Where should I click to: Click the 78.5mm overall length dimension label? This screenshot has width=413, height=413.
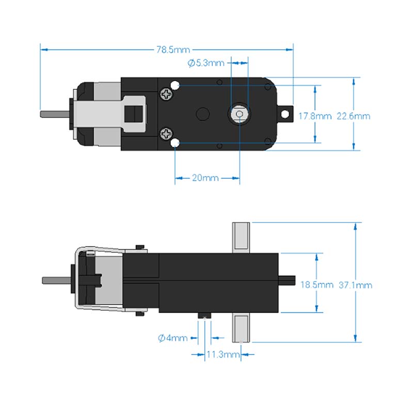(x=173, y=50)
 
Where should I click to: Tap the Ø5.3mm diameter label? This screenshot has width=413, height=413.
(x=206, y=63)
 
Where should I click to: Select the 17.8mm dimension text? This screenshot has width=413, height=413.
(x=315, y=116)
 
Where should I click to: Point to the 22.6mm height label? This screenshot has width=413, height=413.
(x=354, y=116)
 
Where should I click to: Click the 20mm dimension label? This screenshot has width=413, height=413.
(x=205, y=178)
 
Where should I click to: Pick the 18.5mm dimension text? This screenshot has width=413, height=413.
(x=317, y=285)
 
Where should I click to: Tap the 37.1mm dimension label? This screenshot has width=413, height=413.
(x=355, y=285)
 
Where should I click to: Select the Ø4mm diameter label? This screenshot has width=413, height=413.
(x=172, y=338)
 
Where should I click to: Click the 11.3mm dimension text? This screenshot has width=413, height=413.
(x=223, y=355)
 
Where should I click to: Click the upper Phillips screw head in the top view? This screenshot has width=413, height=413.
(x=167, y=94)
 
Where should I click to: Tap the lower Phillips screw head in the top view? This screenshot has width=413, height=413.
(x=167, y=134)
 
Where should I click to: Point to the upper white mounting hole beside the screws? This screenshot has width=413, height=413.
(x=175, y=85)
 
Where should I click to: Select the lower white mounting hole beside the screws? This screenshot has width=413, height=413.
(x=175, y=143)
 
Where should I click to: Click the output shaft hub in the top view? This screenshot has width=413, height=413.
(x=239, y=114)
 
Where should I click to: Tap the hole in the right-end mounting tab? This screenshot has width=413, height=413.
(x=285, y=114)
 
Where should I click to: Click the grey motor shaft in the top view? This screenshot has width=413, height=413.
(x=55, y=114)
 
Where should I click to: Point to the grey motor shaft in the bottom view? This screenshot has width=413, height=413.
(x=57, y=280)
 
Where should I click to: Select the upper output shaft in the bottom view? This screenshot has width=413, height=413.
(x=241, y=237)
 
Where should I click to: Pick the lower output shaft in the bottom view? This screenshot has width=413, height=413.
(x=241, y=328)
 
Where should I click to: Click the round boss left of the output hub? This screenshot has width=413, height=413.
(x=203, y=114)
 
